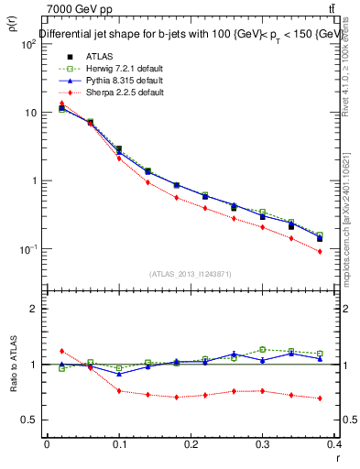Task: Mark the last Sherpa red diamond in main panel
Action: click(320, 251)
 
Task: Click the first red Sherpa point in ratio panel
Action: click(61, 351)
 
